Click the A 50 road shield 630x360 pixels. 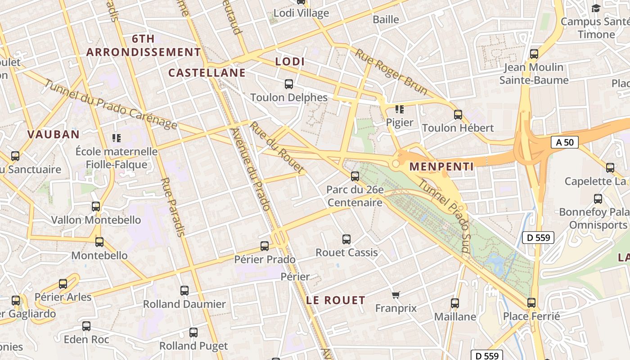click(x=565, y=142)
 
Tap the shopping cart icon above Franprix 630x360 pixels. click(x=396, y=295)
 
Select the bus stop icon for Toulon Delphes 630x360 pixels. click(x=289, y=84)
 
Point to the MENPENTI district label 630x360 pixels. click(x=441, y=166)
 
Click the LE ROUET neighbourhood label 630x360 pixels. click(x=336, y=300)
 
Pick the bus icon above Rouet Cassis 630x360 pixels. click(x=346, y=239)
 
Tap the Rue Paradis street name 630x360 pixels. click(x=173, y=207)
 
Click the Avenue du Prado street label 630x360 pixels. click(x=250, y=169)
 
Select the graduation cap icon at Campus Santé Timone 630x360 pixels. click(x=596, y=8)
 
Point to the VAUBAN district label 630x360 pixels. click(x=53, y=134)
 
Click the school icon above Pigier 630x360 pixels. click(x=399, y=109)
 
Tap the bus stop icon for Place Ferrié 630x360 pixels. click(x=531, y=303)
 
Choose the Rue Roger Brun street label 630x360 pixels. click(x=391, y=72)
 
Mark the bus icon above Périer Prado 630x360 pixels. click(x=265, y=246)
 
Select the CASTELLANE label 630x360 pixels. click(x=207, y=72)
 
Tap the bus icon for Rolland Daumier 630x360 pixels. click(x=184, y=291)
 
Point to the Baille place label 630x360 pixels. click(x=386, y=19)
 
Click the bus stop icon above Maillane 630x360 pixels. click(x=455, y=303)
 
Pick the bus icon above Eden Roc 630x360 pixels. click(x=86, y=326)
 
